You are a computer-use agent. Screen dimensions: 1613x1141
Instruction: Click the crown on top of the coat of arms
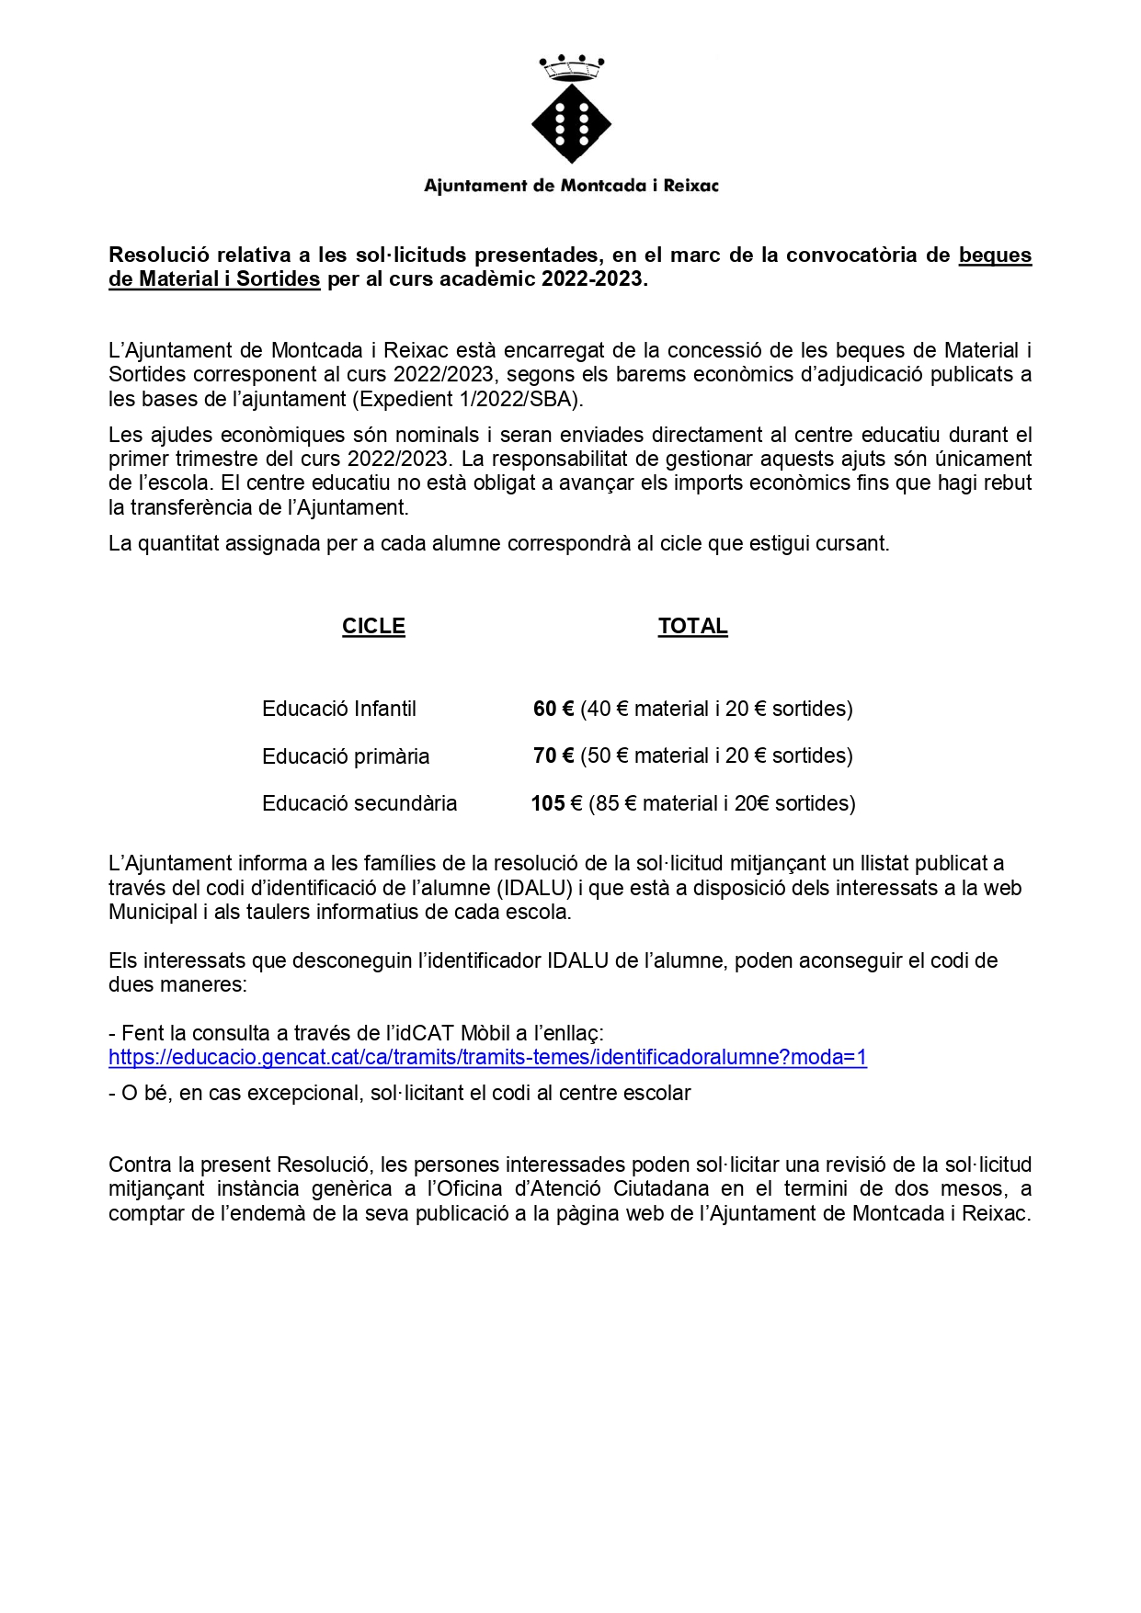(571, 67)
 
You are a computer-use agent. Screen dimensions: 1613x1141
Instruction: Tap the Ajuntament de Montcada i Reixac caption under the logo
(571, 186)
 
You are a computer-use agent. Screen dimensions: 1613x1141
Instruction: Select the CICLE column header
(373, 626)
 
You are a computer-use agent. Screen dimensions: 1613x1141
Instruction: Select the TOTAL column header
(692, 626)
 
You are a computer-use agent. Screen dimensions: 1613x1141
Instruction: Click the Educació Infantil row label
(338, 709)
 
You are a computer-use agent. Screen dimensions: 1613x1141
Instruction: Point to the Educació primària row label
(346, 756)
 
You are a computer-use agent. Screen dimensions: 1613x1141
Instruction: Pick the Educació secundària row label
(359, 803)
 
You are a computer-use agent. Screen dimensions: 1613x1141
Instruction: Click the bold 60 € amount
(553, 709)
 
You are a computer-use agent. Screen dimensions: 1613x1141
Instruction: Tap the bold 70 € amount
(553, 755)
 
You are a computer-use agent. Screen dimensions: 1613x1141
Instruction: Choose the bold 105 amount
(548, 803)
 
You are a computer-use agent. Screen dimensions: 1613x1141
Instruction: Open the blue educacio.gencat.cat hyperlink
(487, 1057)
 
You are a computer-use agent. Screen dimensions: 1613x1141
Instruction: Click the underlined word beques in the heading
(995, 255)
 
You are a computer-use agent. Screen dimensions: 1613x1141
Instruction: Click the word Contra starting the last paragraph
(136, 1164)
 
